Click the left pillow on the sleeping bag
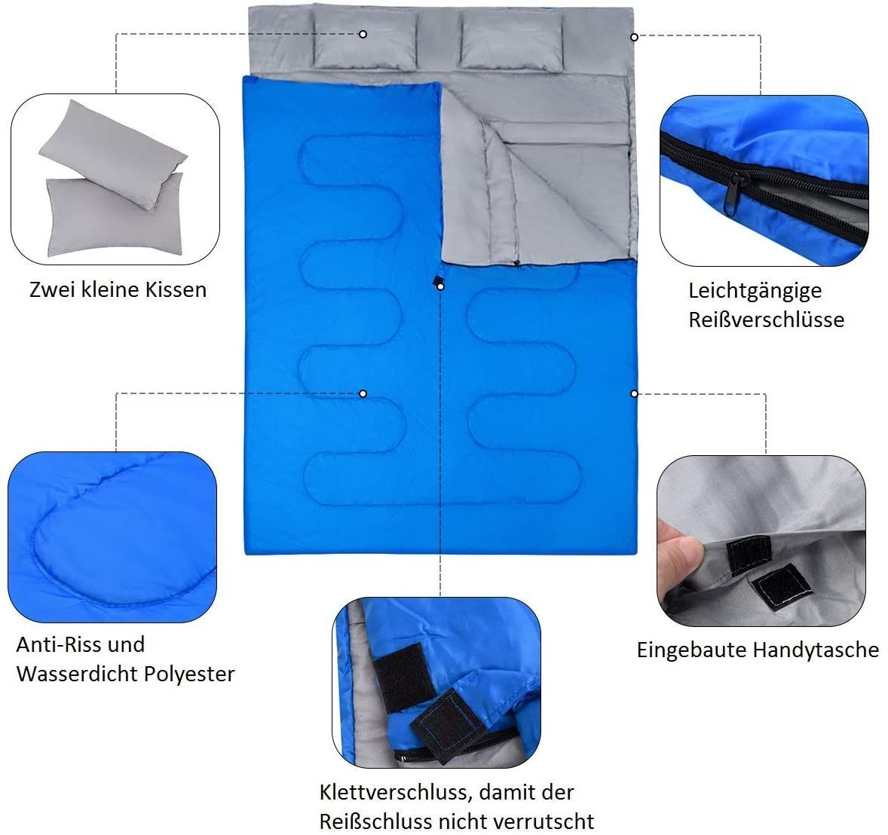pos(365,40)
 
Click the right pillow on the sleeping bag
pos(512,41)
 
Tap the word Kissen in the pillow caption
pos(176,289)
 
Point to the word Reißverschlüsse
pos(766,320)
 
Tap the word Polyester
pos(189,674)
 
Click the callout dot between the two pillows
pos(363,35)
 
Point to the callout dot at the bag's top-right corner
pos(634,37)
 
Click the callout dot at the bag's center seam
pos(440,286)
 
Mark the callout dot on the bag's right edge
pos(634,393)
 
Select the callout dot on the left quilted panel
pos(363,393)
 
